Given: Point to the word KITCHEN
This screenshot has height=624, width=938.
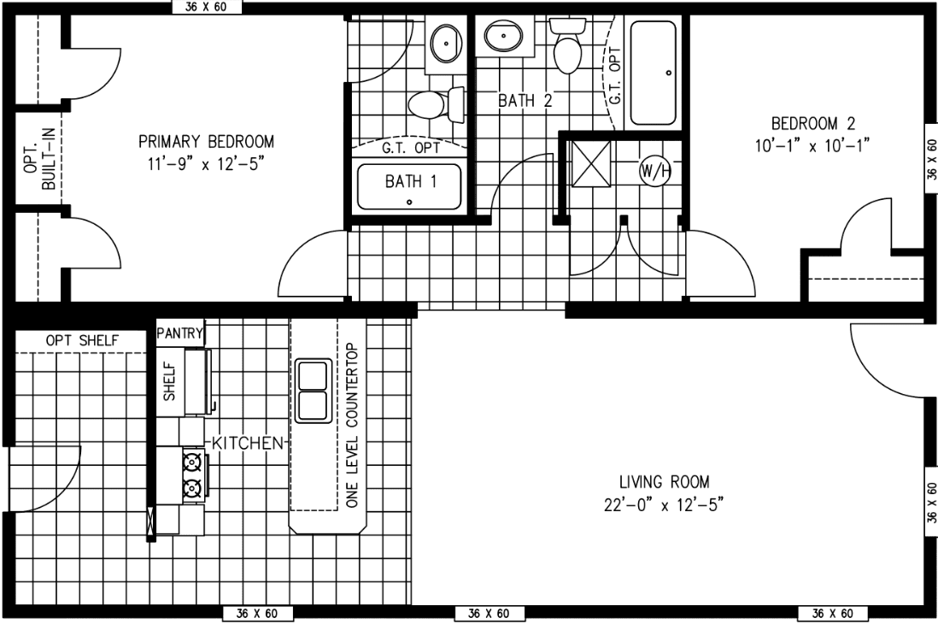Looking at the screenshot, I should point(247,443).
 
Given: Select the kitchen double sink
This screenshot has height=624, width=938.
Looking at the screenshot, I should point(313,391).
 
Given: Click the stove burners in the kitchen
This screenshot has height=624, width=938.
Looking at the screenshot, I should point(193,475).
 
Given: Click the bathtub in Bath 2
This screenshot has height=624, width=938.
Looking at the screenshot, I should point(654,73).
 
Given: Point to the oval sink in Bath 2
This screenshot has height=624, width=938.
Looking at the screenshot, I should point(504,36).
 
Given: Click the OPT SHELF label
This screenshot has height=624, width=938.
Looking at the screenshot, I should point(82,342).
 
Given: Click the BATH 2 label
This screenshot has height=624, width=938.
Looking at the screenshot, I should point(525,100).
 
